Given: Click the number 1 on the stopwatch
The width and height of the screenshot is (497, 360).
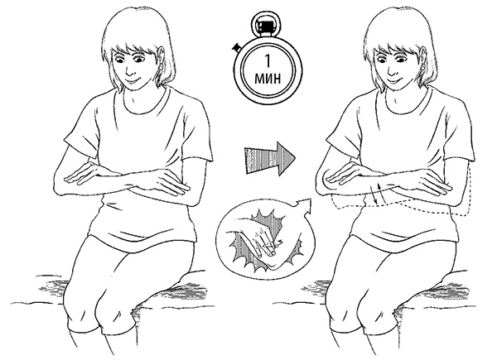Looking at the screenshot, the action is click(x=268, y=61).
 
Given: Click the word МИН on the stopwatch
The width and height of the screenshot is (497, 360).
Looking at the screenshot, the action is click(x=268, y=78).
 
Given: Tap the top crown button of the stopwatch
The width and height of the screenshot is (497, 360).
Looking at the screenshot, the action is click(x=263, y=24).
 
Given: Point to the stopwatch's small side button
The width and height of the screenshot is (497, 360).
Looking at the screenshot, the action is click(x=237, y=48).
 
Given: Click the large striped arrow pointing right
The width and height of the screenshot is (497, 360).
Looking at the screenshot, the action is click(x=269, y=158).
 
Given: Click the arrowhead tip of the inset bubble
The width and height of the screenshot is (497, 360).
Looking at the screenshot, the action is click(x=310, y=199).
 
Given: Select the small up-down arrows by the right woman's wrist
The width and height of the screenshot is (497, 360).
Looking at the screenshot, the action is click(x=379, y=194).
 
